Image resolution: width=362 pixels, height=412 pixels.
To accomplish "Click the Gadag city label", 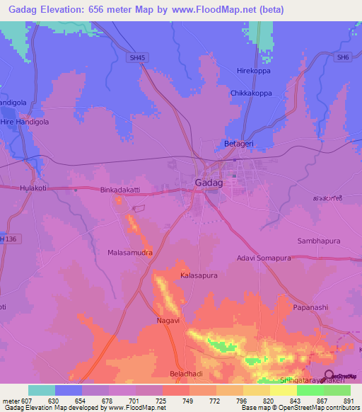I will coord(209,183).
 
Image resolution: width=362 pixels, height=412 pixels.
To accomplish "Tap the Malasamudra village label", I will coord(130,252).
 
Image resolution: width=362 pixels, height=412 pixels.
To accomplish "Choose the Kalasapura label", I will coord(199,275).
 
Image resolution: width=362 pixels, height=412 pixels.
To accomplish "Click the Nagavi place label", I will coord(168,321).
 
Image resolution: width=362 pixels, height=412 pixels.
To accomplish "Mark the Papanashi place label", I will coord(312,307).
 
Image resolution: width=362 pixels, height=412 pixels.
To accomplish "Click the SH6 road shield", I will coord(343,57).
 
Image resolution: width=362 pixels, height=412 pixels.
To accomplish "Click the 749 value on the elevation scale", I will coord(188,401).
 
